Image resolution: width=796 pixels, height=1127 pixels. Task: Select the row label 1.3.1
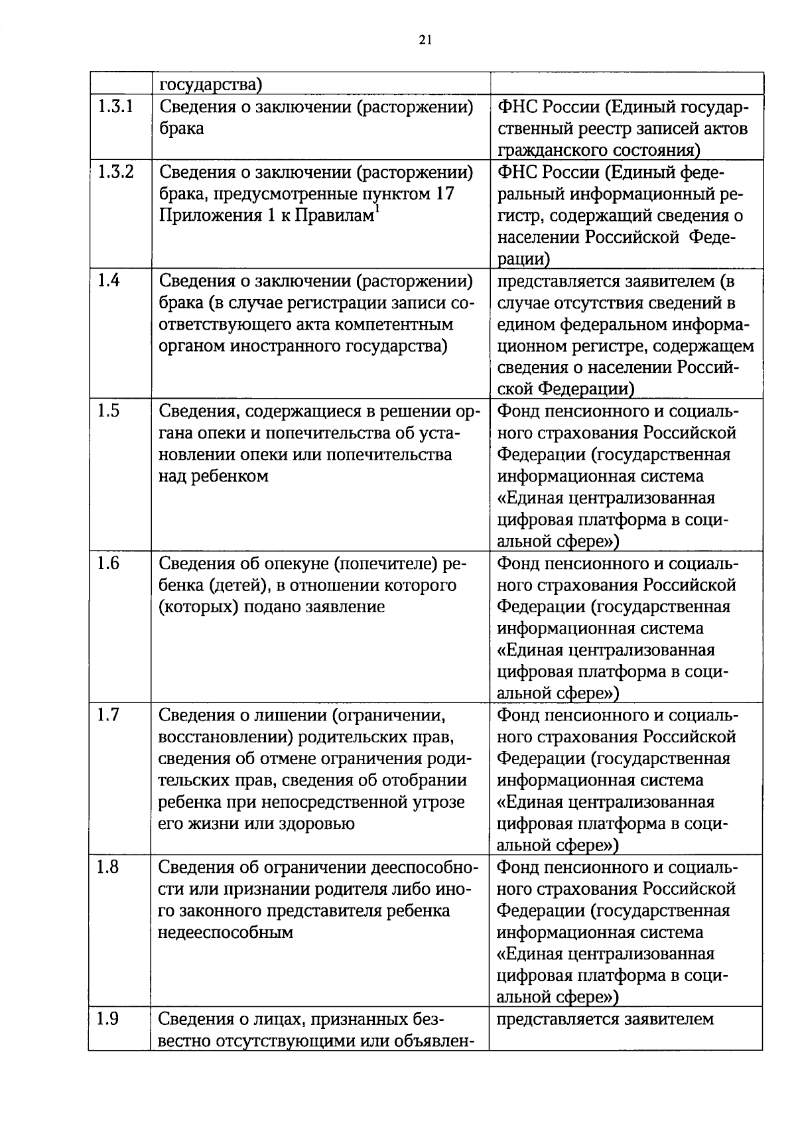click(115, 106)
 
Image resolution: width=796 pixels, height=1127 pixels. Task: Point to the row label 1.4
click(108, 281)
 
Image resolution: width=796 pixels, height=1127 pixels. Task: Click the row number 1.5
click(108, 411)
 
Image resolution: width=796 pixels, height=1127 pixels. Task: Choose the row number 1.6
click(108, 563)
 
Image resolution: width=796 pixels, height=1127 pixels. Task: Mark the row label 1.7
click(108, 715)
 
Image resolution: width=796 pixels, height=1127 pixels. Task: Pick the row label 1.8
click(108, 867)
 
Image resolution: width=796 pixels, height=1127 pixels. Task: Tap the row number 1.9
click(108, 1019)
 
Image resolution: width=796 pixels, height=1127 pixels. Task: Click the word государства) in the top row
click(210, 85)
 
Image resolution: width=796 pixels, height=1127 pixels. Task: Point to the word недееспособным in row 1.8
click(226, 932)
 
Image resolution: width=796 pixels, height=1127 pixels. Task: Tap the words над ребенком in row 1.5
click(213, 476)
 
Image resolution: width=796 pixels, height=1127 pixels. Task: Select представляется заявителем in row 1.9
click(605, 1019)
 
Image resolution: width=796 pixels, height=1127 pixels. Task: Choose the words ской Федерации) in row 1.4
click(566, 389)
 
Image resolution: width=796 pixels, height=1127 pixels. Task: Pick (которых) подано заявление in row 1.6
click(271, 607)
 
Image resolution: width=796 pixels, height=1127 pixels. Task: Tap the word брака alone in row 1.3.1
click(181, 128)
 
